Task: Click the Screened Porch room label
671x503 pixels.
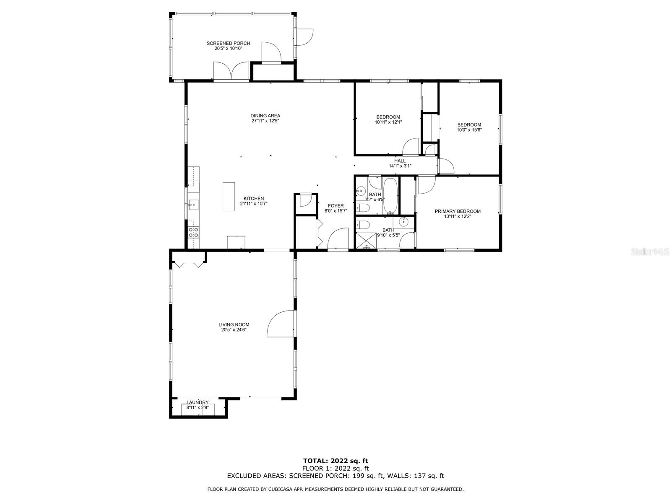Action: click(x=228, y=43)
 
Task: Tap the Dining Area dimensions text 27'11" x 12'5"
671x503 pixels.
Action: click(x=265, y=121)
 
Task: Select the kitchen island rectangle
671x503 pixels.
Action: click(x=229, y=197)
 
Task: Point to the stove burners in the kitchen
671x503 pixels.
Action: click(x=193, y=232)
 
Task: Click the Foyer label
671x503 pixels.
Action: click(x=335, y=206)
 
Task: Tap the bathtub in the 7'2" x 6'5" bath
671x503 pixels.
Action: click(x=390, y=196)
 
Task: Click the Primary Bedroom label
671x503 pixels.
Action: click(x=458, y=211)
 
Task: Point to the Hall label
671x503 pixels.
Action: click(x=400, y=161)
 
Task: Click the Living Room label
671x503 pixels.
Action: click(x=234, y=324)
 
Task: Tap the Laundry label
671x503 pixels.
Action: click(x=198, y=402)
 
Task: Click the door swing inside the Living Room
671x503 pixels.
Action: click(x=280, y=324)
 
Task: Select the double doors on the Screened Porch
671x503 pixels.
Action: click(x=231, y=71)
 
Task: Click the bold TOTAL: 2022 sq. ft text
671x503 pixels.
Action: click(x=335, y=461)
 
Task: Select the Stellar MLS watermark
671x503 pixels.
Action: click(x=650, y=251)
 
